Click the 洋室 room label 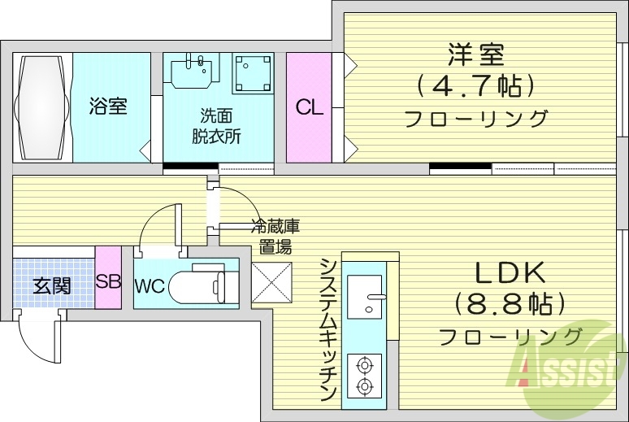475,54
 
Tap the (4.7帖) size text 475,85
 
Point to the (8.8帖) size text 510,303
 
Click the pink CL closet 308,107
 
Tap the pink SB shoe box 108,282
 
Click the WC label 150,286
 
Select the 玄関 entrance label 51,285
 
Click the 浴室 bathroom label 108,106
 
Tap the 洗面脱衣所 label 215,126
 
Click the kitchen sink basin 365,295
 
